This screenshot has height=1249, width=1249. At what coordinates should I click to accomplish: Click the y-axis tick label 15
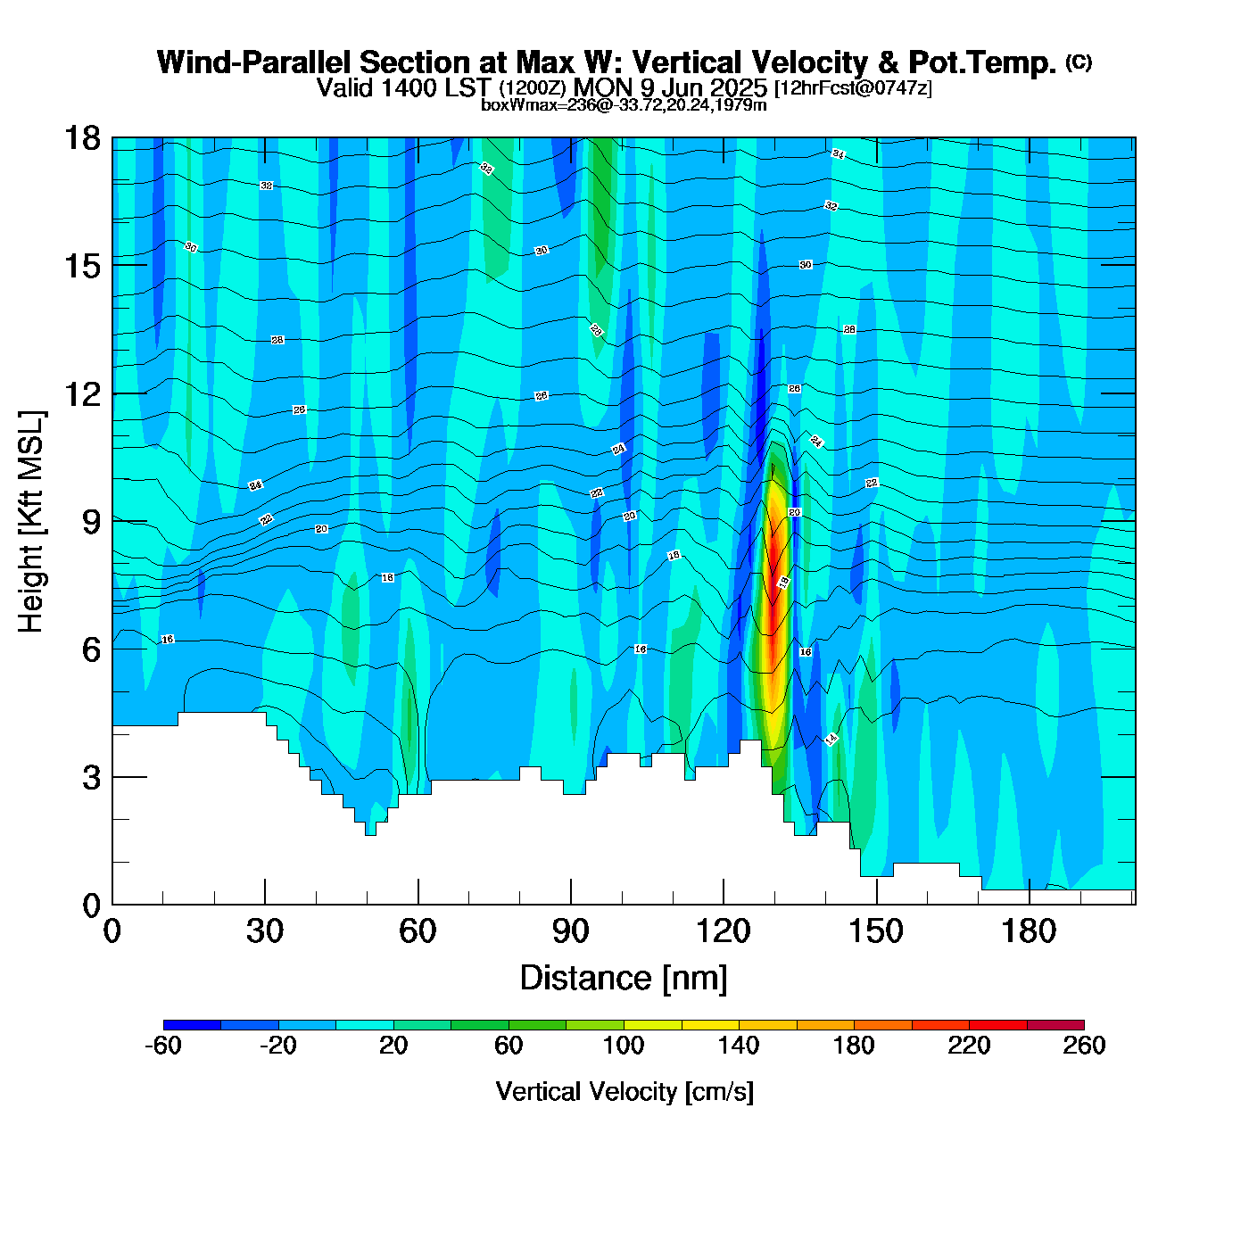coord(82,266)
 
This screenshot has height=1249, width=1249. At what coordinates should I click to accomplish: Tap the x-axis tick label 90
coord(570,932)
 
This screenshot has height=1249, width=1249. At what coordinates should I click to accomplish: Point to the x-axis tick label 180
coord(1029,932)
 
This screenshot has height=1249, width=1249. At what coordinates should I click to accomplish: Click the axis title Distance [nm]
coord(624,979)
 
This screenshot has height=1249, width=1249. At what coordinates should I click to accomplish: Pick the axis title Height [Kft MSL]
coord(32,522)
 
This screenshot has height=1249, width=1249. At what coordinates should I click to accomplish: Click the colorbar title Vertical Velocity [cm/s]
coord(624,1092)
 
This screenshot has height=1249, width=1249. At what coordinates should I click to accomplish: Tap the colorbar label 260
coord(1084,1046)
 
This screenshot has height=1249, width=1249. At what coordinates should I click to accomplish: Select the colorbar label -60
coord(162,1046)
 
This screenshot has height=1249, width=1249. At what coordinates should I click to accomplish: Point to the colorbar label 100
coord(624,1046)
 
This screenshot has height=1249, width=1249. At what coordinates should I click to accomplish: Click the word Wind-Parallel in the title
coord(255,63)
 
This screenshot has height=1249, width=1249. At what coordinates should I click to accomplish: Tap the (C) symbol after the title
coord(1079,62)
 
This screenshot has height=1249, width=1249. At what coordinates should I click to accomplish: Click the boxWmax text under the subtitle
coord(624,105)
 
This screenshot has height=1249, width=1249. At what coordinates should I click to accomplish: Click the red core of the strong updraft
coord(774,571)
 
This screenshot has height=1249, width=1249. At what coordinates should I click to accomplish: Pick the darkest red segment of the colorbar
coord(1055,1025)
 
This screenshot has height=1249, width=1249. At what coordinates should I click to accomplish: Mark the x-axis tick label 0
coord(112,932)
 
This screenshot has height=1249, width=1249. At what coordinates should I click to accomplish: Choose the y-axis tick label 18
coord(82,138)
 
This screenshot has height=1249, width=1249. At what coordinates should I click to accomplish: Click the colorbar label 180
coord(854,1046)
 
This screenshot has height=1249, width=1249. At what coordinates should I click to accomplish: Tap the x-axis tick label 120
coord(724,932)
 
